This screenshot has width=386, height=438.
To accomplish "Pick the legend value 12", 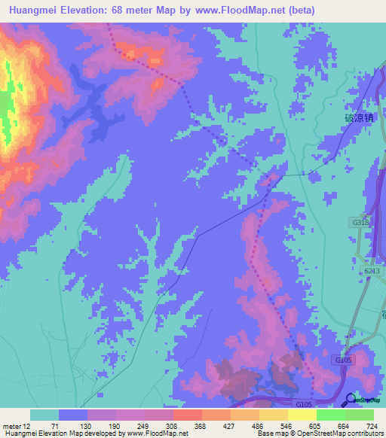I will (26, 425).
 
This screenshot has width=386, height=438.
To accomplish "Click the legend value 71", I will (55, 425).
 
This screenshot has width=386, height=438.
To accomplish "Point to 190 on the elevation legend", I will (114, 425).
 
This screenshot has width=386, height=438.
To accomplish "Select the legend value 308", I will (171, 425).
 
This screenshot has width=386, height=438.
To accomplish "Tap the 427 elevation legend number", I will (229, 425).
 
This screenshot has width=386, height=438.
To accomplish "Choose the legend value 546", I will (287, 425).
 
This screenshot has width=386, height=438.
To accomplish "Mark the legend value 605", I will (316, 425).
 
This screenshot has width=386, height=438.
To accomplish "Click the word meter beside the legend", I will (11, 425).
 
